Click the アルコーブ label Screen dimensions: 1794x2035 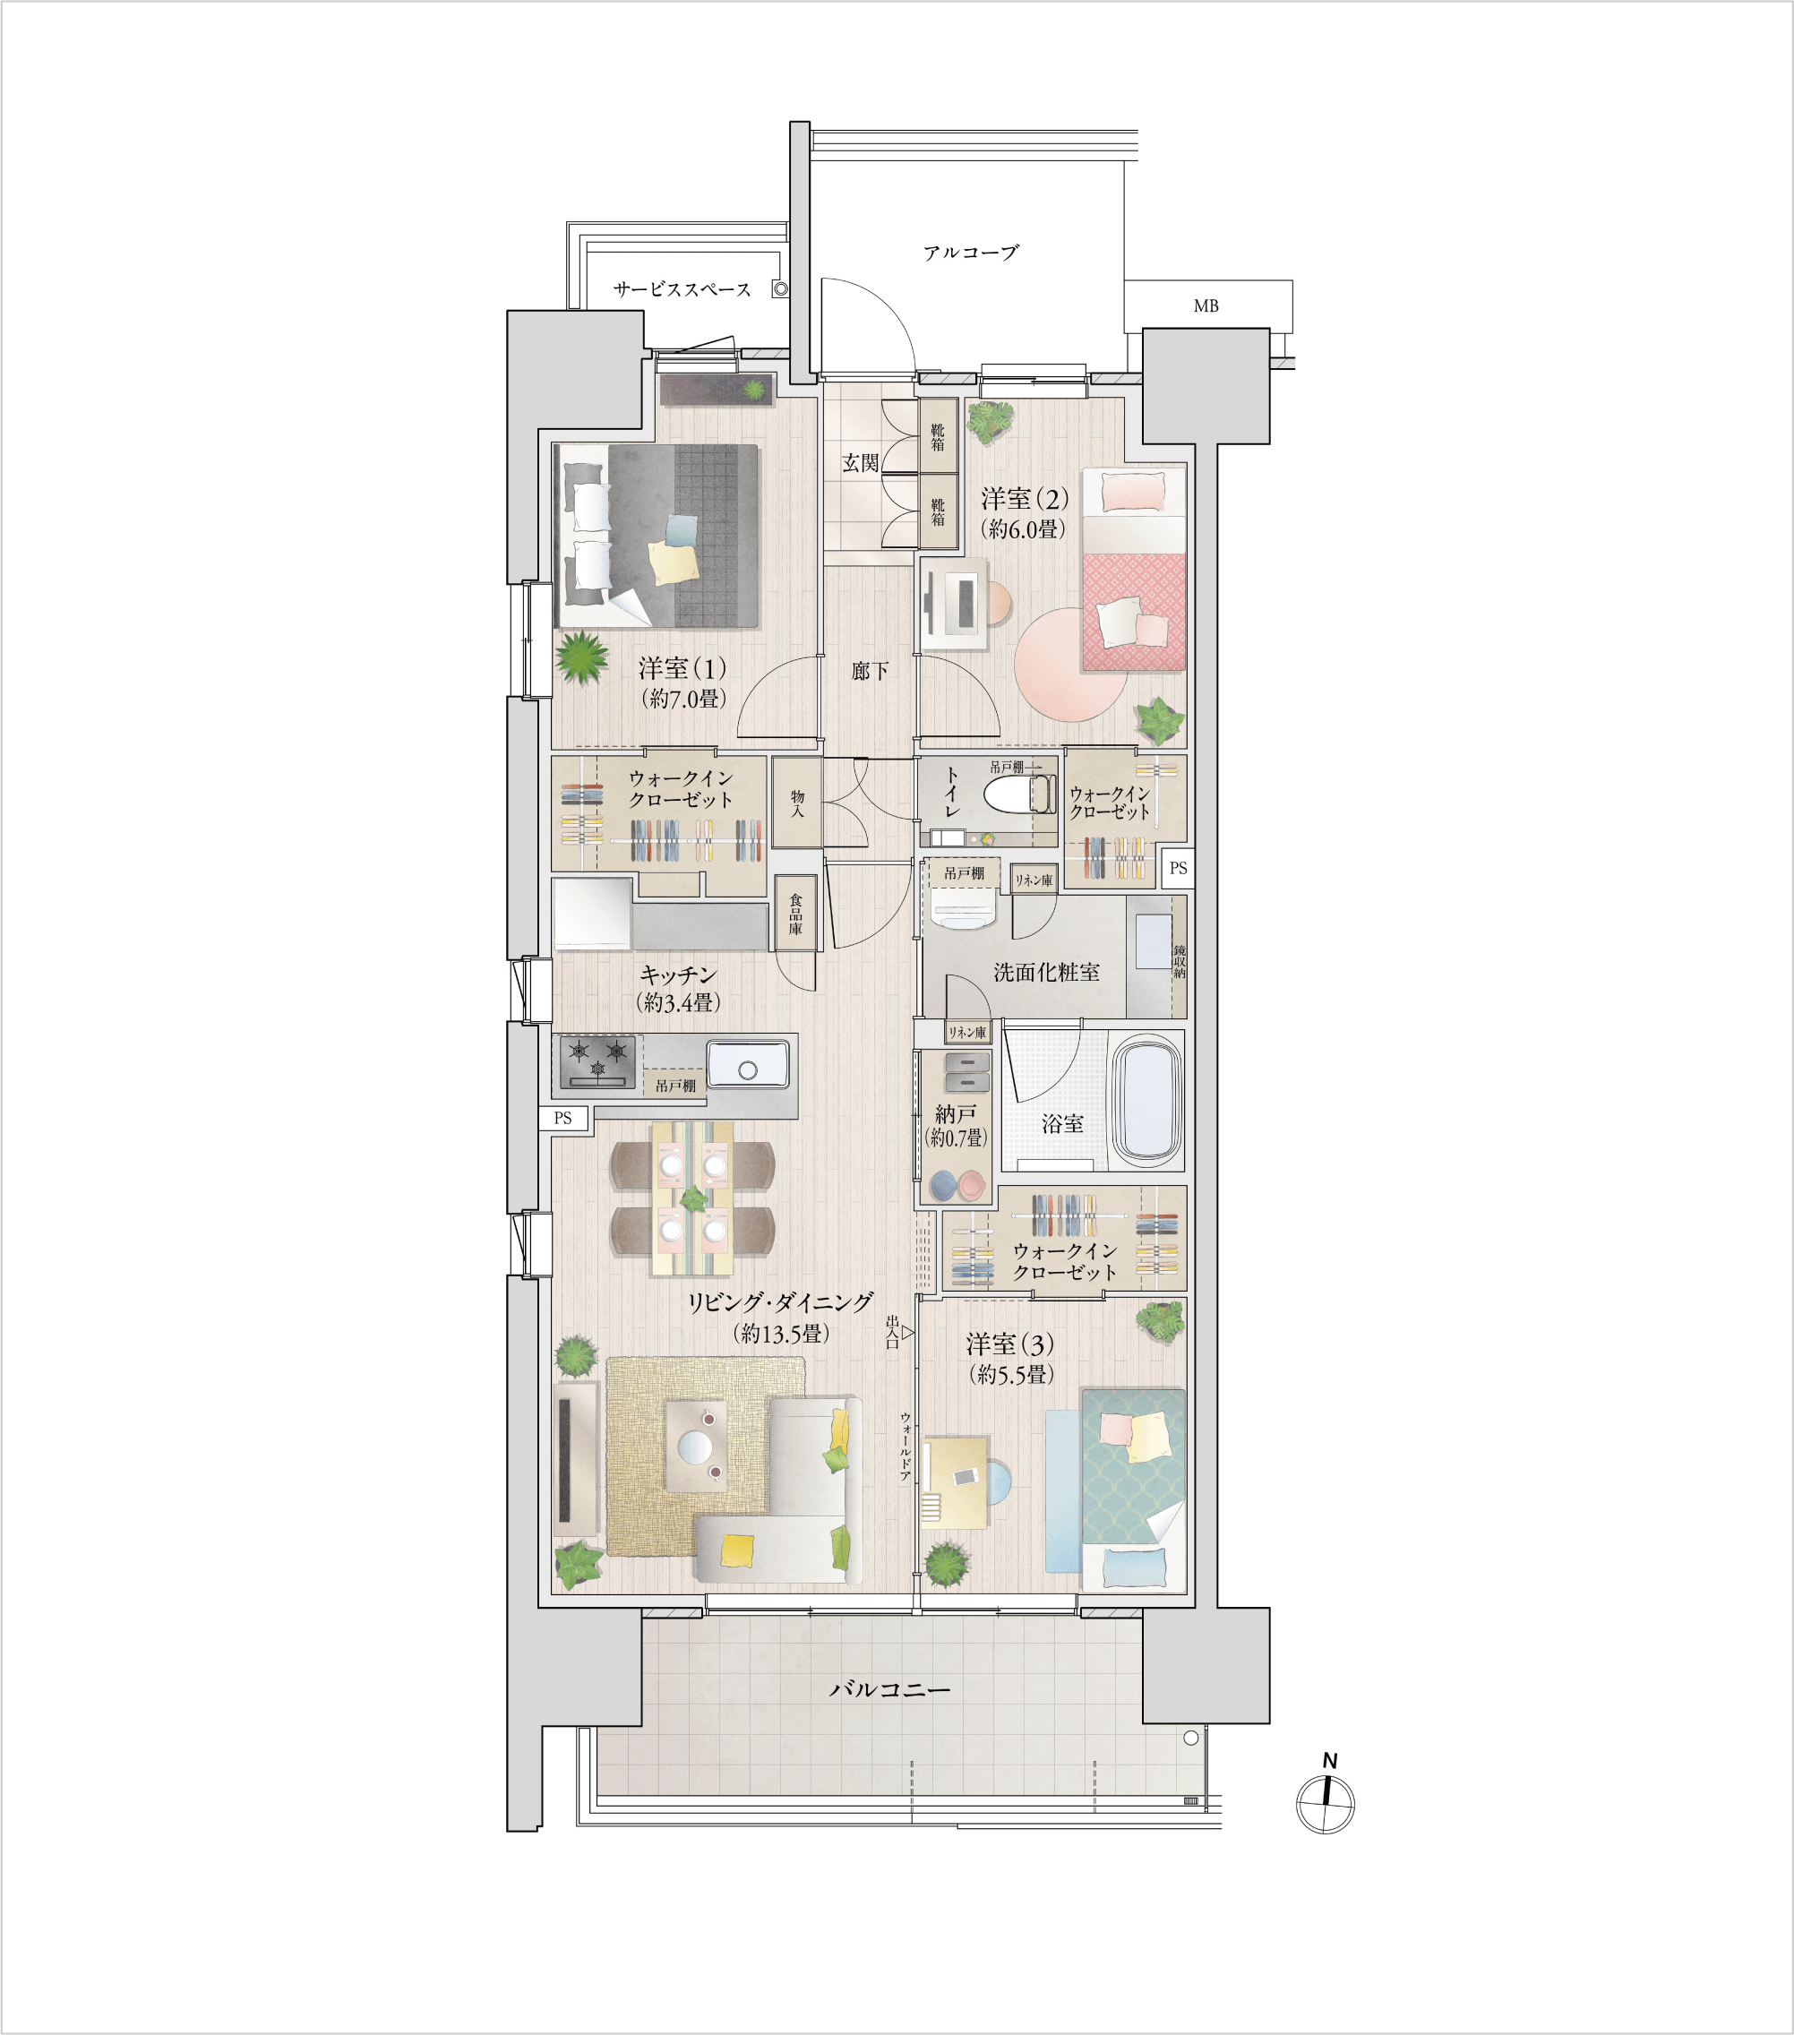(971, 253)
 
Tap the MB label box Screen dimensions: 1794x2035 (1207, 305)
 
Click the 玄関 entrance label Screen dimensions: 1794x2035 (860, 463)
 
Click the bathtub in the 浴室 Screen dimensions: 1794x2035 (1146, 1101)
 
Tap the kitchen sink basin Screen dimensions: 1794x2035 (748, 1064)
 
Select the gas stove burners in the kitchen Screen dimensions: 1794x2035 (597, 1061)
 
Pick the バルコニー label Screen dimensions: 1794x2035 (889, 1689)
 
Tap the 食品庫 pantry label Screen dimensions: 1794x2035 (795, 913)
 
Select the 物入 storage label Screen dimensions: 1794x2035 (797, 803)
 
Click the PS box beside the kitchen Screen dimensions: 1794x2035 (563, 1118)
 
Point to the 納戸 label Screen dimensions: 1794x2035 (956, 1114)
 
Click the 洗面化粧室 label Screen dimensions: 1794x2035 (1046, 973)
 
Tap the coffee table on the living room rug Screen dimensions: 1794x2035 (696, 1446)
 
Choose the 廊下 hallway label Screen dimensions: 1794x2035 (869, 671)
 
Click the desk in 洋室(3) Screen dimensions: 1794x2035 (955, 1482)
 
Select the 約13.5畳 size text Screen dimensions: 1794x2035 (782, 1333)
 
